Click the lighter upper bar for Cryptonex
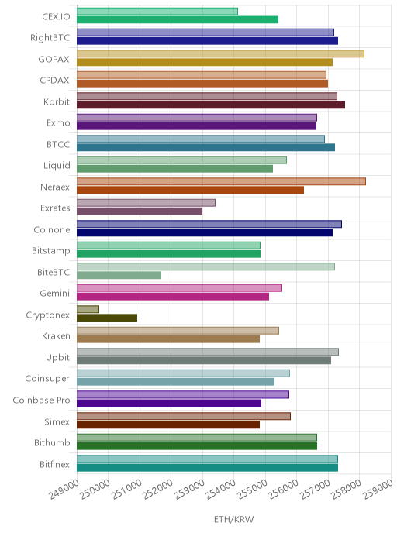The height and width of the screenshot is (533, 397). click(88, 309)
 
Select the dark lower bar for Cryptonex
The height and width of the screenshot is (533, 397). click(107, 318)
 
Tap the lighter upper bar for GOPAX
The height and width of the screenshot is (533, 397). click(220, 53)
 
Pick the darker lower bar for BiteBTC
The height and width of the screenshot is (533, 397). click(119, 275)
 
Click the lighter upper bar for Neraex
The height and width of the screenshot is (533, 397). click(221, 181)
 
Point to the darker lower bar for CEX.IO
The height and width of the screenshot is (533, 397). click(178, 19)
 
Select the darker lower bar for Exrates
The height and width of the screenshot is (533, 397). click(140, 211)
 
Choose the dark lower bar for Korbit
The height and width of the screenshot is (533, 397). click(211, 105)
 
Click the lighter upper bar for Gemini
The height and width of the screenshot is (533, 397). click(179, 288)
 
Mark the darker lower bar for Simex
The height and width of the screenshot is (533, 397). click(168, 425)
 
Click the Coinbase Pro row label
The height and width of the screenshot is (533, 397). click(41, 400)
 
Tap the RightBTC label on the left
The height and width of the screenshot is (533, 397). click(50, 37)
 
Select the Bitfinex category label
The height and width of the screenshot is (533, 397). click(54, 464)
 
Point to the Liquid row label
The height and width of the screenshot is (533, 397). click(57, 166)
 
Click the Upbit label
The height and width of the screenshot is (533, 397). click(57, 358)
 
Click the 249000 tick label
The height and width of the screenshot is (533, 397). click(64, 490)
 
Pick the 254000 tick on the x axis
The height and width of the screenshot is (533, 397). click(221, 490)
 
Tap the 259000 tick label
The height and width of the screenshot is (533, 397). click(378, 490)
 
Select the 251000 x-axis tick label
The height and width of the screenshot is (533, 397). click(126, 490)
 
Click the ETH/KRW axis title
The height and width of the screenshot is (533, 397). click(233, 519)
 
